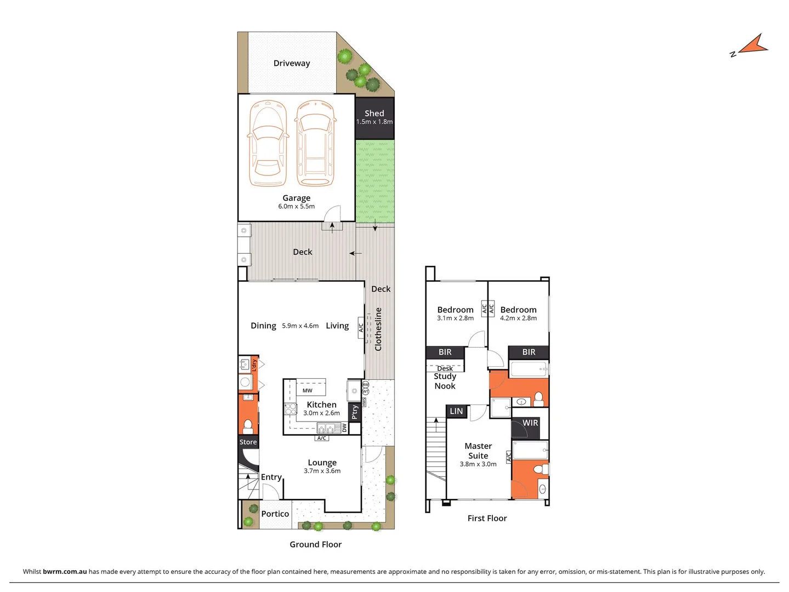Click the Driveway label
292,63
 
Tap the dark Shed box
374,117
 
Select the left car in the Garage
268,144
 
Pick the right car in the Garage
315,144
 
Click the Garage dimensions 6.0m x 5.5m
296,207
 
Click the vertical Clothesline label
378,329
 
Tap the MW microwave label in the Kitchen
307,391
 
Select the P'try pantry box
355,412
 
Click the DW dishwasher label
344,428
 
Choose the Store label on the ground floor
248,442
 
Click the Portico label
275,514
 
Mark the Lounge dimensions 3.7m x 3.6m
322,471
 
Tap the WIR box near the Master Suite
530,423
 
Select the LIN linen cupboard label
456,411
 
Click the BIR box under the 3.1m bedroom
445,352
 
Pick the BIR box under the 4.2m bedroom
529,352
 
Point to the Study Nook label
445,381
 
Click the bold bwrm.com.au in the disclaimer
65,571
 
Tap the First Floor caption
487,518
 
